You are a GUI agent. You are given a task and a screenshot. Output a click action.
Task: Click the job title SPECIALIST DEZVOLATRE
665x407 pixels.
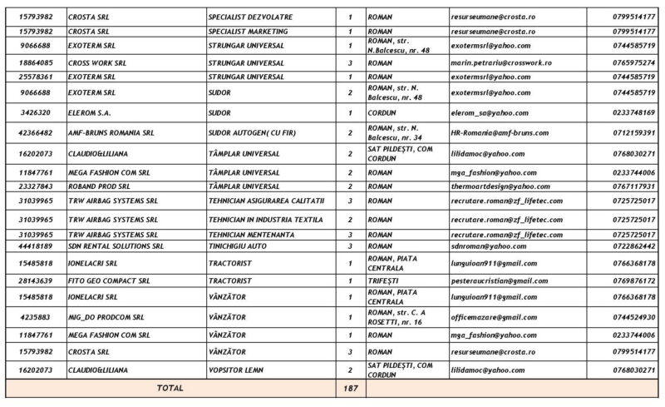249,17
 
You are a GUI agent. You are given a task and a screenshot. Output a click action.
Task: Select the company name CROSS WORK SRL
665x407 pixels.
99,62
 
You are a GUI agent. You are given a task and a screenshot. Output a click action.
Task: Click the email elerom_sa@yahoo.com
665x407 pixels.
472,112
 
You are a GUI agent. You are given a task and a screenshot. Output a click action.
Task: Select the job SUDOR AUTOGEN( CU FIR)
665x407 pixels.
253,132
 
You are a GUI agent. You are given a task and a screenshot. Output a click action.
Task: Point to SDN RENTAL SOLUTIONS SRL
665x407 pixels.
117,247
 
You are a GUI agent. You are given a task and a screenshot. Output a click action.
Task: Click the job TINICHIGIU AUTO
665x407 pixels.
242,247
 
